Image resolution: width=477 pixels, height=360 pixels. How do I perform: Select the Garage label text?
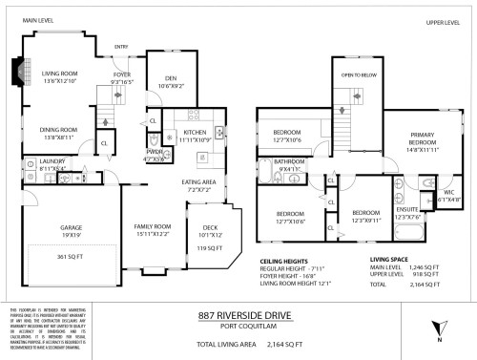coord(44,228)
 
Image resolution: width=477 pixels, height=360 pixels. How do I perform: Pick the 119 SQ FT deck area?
coord(208,247)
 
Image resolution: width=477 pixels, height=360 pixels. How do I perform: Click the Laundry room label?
coord(39,161)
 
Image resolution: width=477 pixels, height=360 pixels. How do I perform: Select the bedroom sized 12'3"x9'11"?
coord(365,214)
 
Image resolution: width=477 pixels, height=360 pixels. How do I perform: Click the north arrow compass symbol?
coord(437,326)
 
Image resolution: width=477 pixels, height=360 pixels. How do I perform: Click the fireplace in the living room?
coord(13,73)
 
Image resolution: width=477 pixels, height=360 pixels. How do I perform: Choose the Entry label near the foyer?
coord(121,45)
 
